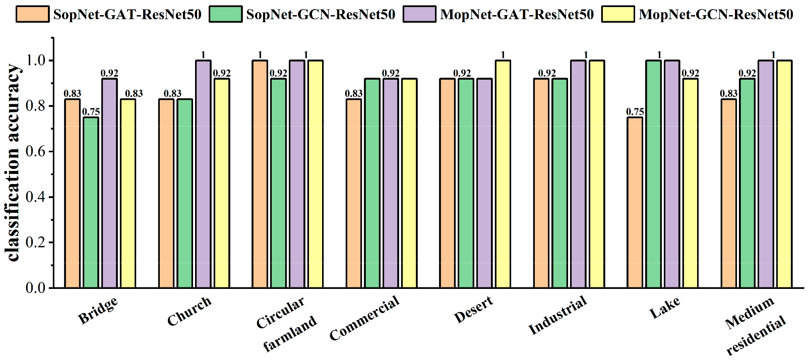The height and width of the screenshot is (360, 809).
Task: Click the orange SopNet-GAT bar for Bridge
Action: (72, 194)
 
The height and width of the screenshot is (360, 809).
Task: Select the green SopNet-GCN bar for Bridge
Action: (91, 203)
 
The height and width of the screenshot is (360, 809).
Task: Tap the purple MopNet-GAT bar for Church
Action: (203, 174)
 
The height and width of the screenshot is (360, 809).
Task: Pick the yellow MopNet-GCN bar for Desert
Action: (503, 174)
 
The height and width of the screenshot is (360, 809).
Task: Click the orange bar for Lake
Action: (635, 203)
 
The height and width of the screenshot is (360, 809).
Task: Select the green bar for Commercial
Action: (372, 184)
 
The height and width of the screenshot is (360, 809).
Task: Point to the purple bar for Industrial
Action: (578, 174)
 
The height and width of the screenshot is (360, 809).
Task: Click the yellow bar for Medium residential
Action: (784, 174)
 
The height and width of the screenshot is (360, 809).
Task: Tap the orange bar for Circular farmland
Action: (260, 174)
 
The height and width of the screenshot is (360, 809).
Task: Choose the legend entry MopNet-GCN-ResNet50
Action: (716, 14)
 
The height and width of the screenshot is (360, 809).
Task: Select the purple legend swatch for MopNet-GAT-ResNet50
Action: (419, 14)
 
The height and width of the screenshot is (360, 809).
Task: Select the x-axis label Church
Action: (189, 312)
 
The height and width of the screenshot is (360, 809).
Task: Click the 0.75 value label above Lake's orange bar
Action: (635, 112)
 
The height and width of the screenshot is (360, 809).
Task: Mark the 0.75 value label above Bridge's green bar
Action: (91, 112)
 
